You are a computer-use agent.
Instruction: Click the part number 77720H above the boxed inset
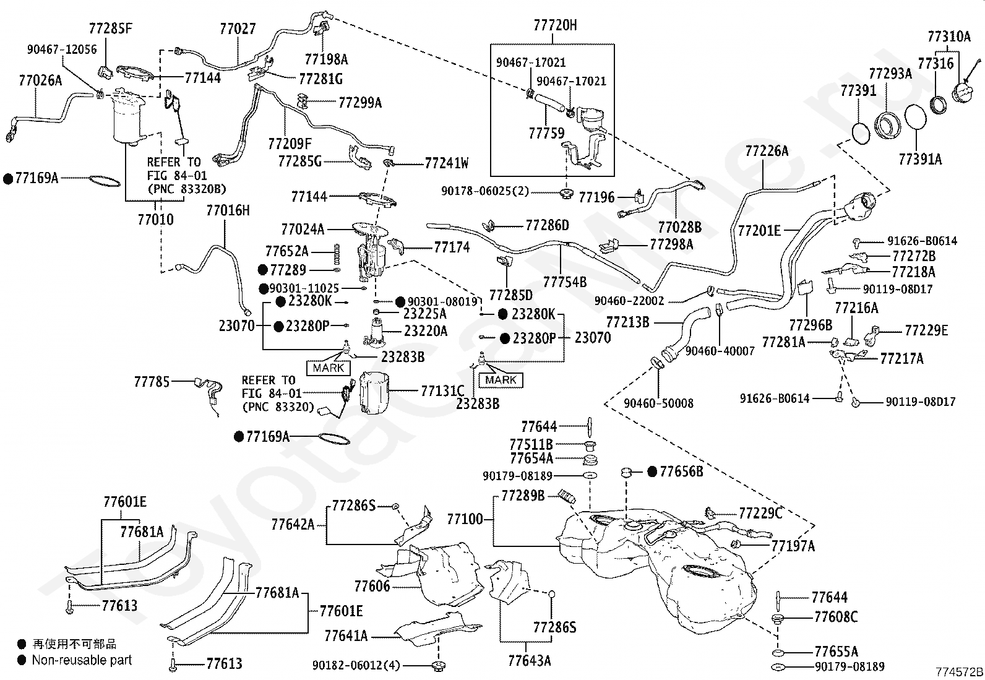click(555, 25)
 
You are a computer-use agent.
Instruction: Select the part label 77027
click(238, 29)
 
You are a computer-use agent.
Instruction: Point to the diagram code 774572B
click(959, 672)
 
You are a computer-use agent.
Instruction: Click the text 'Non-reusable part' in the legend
click(82, 660)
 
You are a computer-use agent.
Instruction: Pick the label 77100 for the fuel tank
click(465, 519)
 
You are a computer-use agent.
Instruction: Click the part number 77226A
click(767, 152)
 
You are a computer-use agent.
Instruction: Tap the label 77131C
click(442, 390)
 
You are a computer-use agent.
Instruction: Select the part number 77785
click(152, 382)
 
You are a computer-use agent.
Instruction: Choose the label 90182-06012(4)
click(356, 666)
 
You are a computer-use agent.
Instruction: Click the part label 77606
click(372, 586)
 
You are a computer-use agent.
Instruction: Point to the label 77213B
click(627, 322)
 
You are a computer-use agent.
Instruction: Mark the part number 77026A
click(40, 80)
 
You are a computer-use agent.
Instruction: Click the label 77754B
click(565, 282)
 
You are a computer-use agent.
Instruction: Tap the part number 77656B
click(682, 471)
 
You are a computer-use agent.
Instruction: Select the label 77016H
click(228, 211)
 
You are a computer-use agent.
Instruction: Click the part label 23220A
click(425, 331)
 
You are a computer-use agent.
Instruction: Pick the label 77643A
click(530, 661)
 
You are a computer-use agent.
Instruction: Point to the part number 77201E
click(759, 230)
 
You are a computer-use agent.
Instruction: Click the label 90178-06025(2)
click(485, 191)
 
